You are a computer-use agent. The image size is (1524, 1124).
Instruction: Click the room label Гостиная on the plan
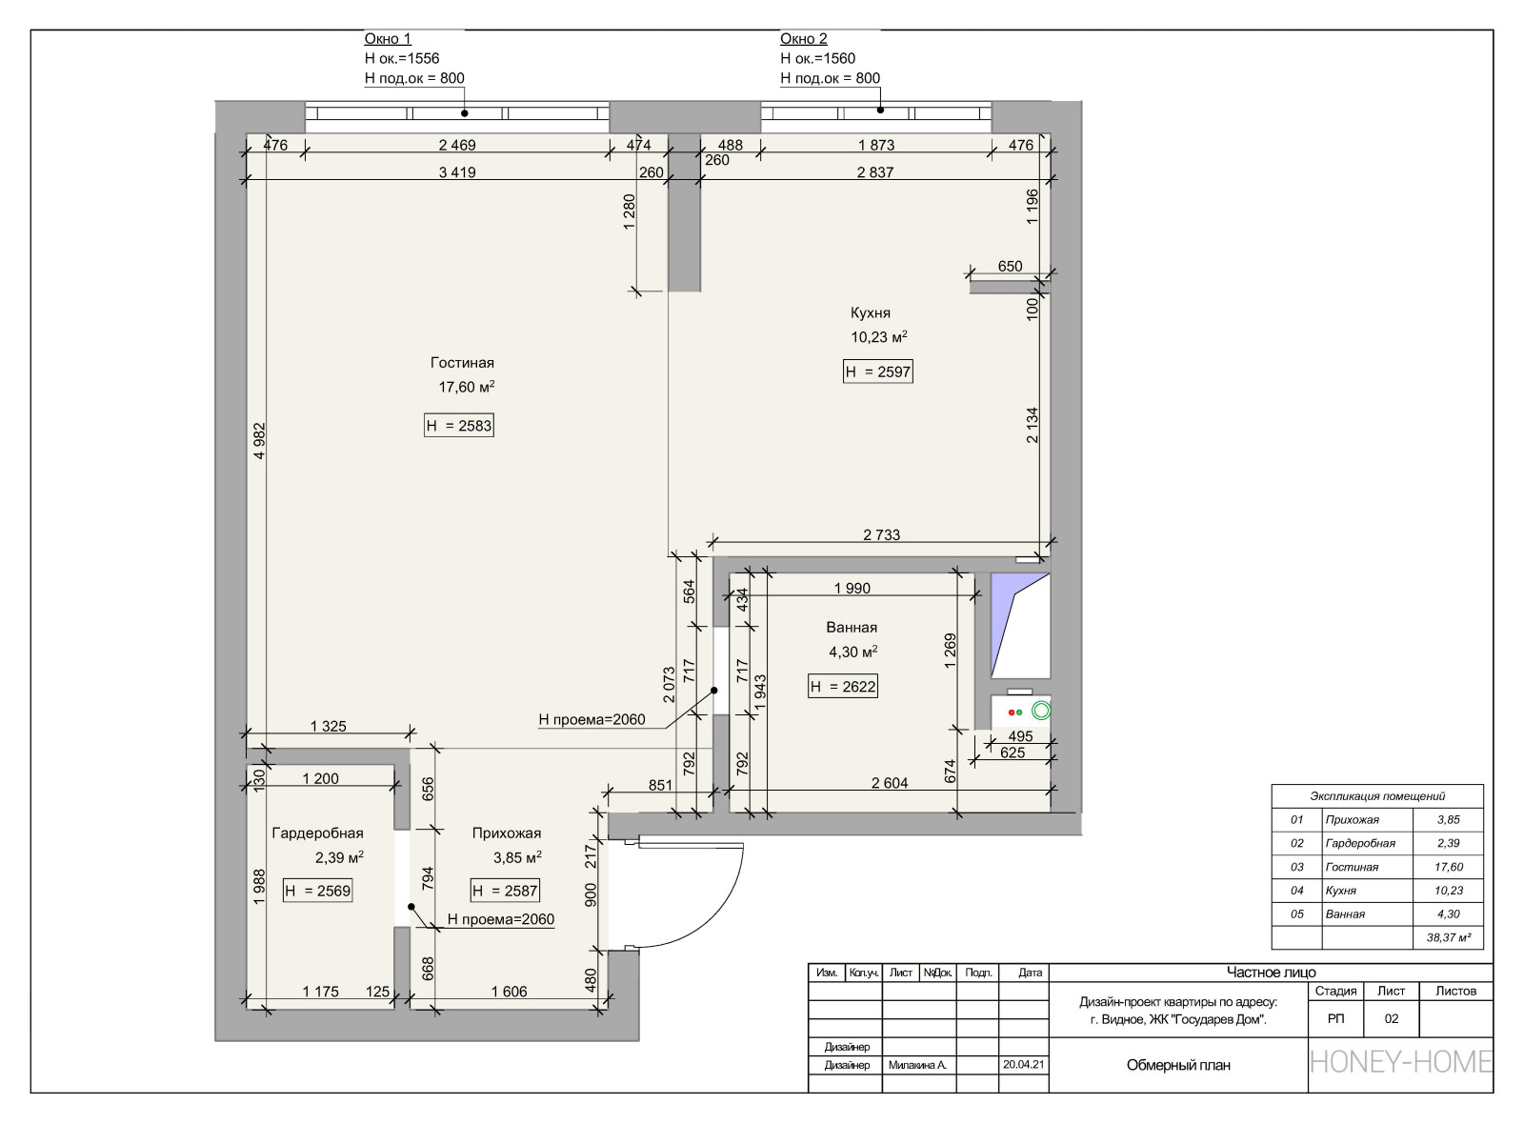tap(462, 363)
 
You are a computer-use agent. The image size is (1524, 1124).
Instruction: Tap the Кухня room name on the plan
tap(871, 313)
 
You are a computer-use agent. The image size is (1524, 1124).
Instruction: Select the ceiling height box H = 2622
tap(842, 687)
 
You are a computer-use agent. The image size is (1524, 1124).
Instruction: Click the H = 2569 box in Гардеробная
tap(318, 891)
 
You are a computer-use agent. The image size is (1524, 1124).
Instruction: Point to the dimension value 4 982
tap(259, 441)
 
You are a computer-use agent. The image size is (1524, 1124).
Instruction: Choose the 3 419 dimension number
tap(457, 172)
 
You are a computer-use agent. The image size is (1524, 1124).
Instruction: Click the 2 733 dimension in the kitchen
tap(881, 534)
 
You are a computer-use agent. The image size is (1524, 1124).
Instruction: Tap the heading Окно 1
tap(388, 39)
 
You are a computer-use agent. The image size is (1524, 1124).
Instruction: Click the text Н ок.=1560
tap(817, 58)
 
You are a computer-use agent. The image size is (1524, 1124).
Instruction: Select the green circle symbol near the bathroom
tap(1041, 711)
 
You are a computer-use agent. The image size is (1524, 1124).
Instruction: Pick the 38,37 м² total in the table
tap(1449, 937)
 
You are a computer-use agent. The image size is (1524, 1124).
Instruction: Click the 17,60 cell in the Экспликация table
tap(1449, 867)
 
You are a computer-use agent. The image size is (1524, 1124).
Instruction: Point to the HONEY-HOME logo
tap(1401, 1062)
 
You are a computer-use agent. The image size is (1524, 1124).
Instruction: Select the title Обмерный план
tap(1178, 1065)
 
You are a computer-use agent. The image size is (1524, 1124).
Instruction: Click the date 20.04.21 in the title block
tap(1023, 1064)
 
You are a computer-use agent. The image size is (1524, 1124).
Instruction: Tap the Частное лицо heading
tap(1271, 973)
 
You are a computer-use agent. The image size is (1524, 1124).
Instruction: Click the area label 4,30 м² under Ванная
tap(852, 652)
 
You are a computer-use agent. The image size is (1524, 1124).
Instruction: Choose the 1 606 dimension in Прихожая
tap(509, 992)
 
